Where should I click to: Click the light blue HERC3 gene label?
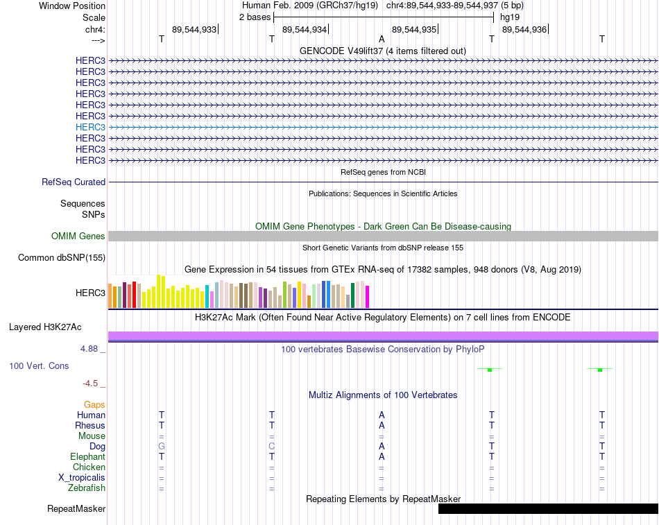[90, 127]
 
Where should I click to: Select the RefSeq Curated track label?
[74, 182]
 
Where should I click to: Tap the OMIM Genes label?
[78, 236]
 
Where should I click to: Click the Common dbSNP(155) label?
[62, 258]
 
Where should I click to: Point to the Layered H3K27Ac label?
[45, 327]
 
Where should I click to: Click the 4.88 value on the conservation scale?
[89, 349]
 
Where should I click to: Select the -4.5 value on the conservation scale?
[90, 384]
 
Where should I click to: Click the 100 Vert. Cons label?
[39, 365]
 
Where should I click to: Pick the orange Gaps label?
[94, 405]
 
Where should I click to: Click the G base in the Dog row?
[162, 447]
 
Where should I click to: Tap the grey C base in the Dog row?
[271, 447]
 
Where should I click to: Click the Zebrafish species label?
[87, 488]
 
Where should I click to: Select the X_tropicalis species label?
[82, 478]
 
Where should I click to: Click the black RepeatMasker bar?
[549, 508]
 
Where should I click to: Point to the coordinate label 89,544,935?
[414, 29]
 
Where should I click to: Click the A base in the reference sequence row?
[382, 39]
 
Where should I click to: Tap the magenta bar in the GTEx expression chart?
[368, 297]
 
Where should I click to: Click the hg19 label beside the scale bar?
[510, 17]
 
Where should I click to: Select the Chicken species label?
[89, 467]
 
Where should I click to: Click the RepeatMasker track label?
[76, 508]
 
